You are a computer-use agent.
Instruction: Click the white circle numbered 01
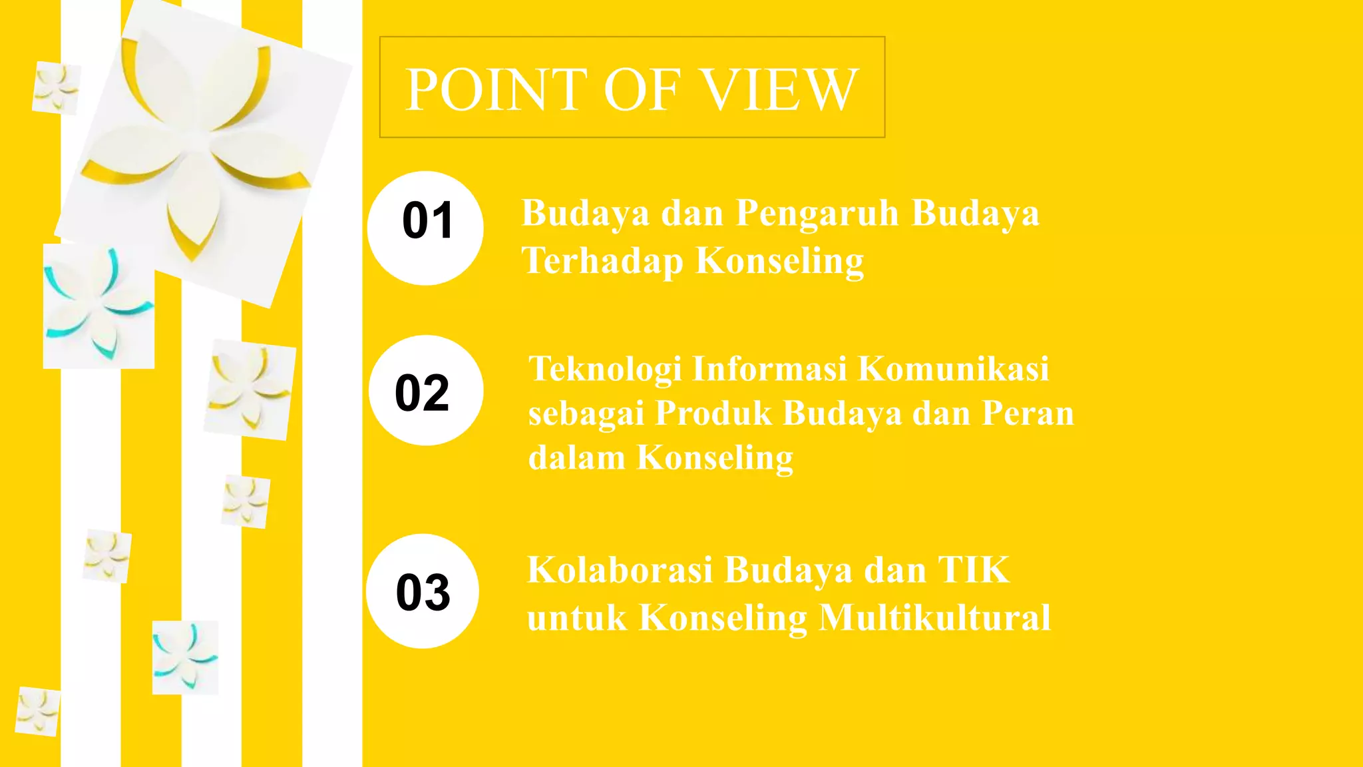425,228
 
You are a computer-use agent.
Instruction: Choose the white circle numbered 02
426,391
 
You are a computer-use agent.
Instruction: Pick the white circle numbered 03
423,591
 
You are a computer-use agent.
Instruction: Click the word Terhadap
602,261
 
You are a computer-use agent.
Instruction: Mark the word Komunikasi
953,369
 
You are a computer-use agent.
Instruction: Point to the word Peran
1028,413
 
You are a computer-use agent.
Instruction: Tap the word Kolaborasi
619,571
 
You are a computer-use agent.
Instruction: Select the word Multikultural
934,618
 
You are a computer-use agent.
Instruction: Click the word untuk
576,618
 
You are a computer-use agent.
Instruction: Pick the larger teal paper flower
98,306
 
